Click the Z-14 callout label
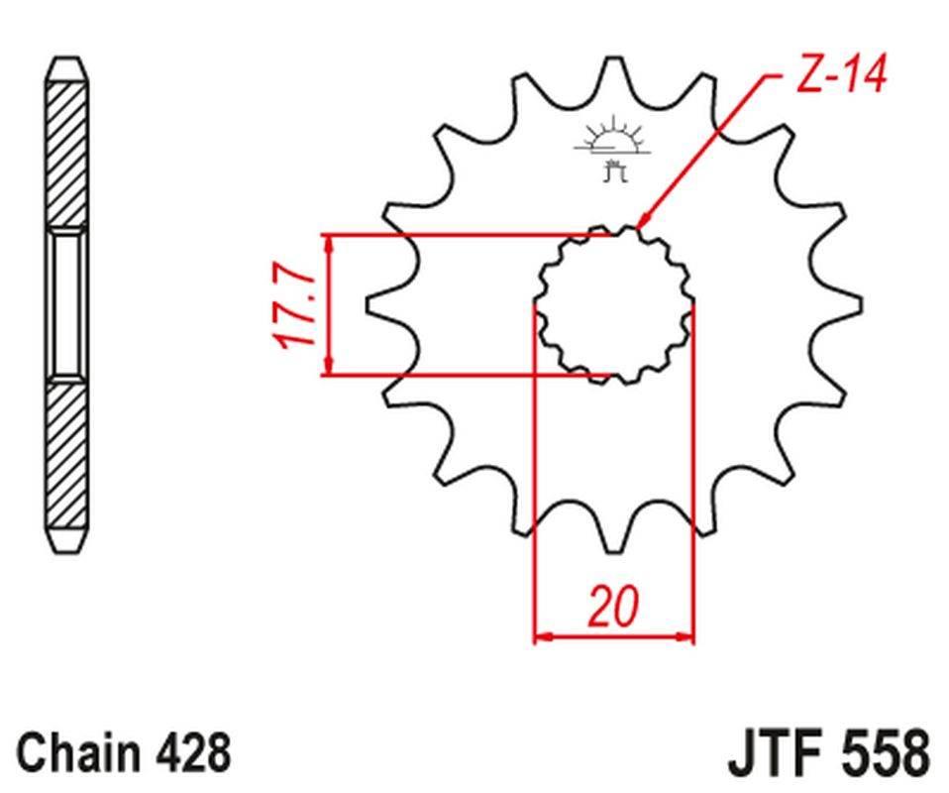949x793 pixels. pyautogui.click(x=840, y=73)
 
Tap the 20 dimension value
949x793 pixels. pyautogui.click(x=613, y=607)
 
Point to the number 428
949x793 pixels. pyautogui.click(x=193, y=752)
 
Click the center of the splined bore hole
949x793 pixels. pyautogui.click(x=614, y=304)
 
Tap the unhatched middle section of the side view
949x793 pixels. pyautogui.click(x=67, y=304)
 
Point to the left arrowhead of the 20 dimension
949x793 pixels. pyautogui.click(x=541, y=635)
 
